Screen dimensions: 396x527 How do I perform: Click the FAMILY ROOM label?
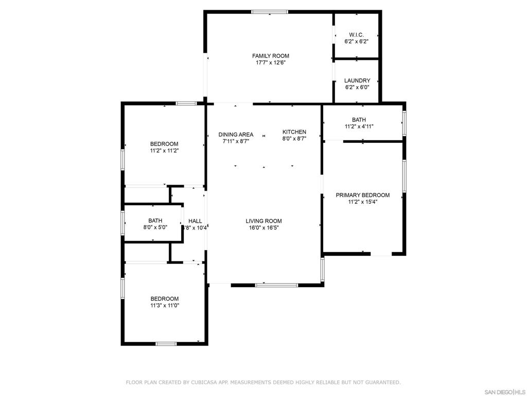coord(270,56)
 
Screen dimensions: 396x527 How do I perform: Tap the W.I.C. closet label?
coord(356,35)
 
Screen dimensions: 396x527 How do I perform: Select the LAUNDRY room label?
coord(357,80)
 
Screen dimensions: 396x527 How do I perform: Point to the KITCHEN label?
coord(294,132)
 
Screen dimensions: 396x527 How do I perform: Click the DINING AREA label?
coord(236,135)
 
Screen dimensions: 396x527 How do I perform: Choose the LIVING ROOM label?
coord(263,221)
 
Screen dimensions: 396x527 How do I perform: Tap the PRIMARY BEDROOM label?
coord(362,195)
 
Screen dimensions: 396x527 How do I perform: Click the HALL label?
coord(195,221)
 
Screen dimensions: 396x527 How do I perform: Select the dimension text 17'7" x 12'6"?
coord(270,62)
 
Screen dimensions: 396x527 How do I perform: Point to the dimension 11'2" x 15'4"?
coord(362,202)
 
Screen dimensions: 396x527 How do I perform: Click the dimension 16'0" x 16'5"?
coord(263,227)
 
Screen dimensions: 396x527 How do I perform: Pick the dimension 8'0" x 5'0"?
coord(155,227)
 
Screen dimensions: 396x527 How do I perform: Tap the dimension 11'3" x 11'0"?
coord(164,305)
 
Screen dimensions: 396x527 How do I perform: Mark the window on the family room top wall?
coord(270,12)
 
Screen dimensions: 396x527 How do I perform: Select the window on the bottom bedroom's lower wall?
coord(166,343)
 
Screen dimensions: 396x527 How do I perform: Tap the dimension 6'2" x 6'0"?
coord(357,87)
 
